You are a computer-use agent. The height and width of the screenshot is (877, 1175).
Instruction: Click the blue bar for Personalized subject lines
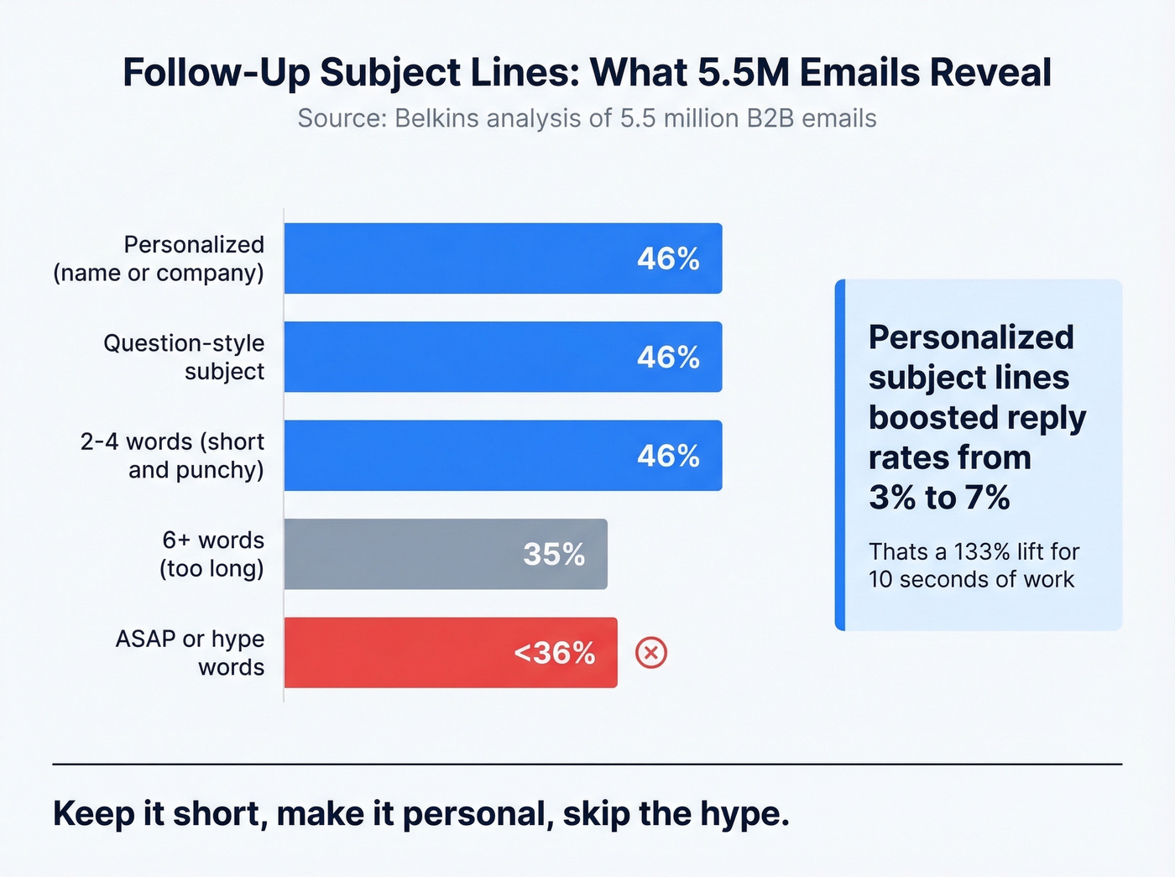point(503,258)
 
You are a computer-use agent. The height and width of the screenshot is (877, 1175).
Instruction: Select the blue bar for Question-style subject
point(503,357)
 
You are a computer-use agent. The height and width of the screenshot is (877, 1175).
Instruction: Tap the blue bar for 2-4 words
point(503,456)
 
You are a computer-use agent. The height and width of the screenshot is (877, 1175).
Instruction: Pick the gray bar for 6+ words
point(445,554)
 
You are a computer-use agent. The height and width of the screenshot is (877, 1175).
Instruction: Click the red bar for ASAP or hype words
point(451,653)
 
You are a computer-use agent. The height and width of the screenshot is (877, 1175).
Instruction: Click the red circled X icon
point(650,653)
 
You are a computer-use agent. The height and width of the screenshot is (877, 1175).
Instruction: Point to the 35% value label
point(554,555)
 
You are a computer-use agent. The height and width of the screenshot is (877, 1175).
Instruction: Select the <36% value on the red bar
point(554,653)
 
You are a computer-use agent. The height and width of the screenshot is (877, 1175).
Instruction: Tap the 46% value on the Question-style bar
point(668,358)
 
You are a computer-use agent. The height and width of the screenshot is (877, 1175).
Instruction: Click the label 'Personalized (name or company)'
point(159,258)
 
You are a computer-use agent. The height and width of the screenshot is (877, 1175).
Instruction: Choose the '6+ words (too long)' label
point(212,554)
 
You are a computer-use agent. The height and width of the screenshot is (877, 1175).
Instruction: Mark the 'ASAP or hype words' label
point(191,653)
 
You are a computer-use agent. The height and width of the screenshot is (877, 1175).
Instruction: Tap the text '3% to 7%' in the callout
point(939,498)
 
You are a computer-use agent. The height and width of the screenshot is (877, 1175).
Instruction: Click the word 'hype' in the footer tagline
point(742,814)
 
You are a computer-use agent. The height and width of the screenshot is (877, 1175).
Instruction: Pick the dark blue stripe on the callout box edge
point(840,455)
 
